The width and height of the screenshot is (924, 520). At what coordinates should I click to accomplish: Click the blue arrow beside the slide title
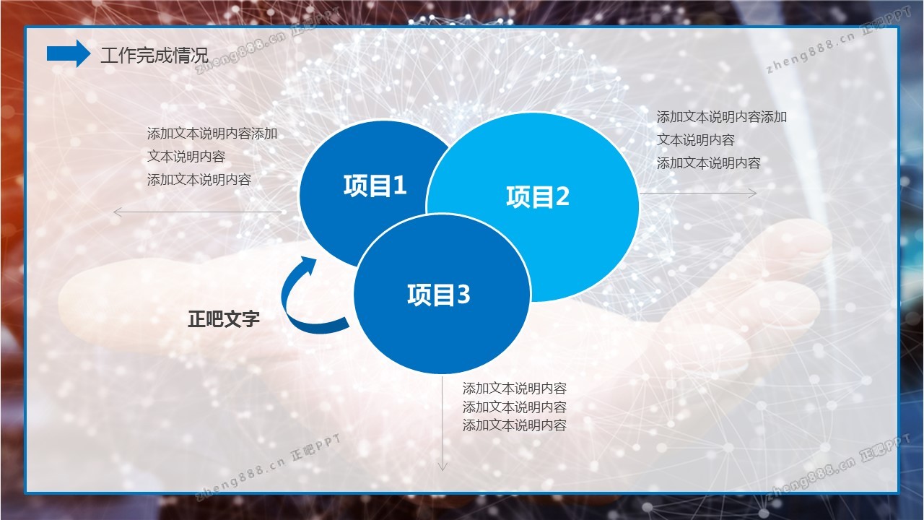69,53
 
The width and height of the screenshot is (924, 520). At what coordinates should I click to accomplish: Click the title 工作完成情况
154,56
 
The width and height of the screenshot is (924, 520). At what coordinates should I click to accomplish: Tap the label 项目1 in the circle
375,186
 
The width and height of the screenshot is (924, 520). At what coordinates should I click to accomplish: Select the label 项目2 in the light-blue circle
538,196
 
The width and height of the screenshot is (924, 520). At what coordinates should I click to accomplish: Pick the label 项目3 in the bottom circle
439,295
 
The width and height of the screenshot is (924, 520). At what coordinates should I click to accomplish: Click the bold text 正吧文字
224,319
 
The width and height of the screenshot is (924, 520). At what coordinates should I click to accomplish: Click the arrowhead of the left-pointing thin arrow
117,212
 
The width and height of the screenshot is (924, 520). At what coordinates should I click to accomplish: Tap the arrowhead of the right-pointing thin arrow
753,193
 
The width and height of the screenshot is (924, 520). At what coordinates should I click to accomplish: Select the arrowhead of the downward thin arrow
443,467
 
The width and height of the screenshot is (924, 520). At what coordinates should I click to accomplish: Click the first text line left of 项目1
212,134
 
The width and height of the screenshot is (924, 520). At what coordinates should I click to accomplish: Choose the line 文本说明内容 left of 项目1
186,157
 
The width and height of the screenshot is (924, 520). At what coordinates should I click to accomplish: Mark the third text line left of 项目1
199,180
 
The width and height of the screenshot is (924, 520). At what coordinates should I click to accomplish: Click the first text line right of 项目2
722,117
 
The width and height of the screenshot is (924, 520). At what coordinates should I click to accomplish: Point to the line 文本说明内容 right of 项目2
696,140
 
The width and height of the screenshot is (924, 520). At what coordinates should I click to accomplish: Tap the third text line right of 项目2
709,163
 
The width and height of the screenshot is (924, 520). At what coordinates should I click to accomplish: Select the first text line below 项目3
515,389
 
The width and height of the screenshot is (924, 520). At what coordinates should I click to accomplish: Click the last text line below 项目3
515,425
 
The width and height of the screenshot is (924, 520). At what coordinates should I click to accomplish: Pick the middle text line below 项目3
515,407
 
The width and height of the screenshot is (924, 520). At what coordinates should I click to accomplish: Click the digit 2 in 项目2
562,196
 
